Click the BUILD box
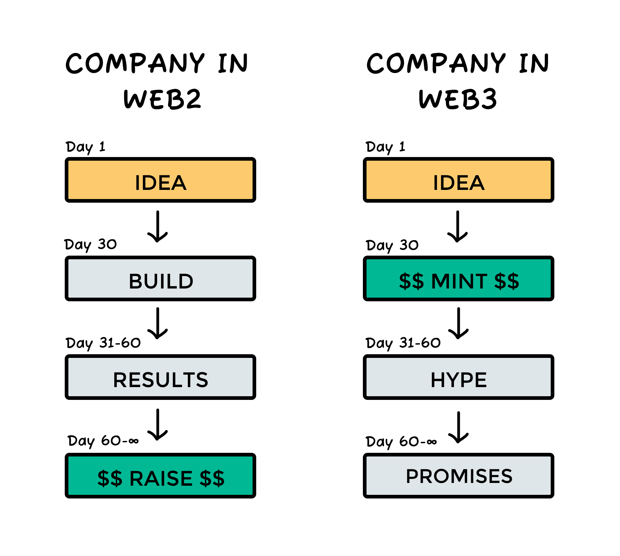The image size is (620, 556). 160,278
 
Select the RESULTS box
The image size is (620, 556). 160,377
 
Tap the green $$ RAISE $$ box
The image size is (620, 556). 160,476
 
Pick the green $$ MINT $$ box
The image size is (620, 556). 458,278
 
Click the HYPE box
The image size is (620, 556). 458,377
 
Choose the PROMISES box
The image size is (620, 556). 458,476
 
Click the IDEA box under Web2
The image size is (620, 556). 160,180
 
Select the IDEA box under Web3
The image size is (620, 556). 458,180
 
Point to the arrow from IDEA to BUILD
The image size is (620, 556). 157,226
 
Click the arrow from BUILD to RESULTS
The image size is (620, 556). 157,323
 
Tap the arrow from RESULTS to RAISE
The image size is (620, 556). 157,424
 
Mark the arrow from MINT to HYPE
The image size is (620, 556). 458,323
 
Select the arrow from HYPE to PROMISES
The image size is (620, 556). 458,427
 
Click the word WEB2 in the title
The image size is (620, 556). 162,99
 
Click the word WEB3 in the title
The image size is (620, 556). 458,99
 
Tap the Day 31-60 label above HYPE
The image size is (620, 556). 403,343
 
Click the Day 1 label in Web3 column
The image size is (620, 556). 385,147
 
